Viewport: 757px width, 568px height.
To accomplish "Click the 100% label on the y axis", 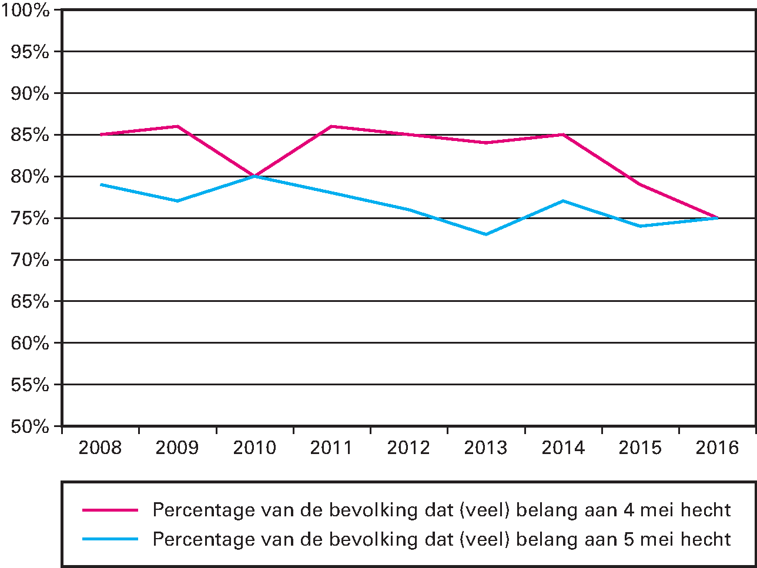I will pyautogui.click(x=26, y=10).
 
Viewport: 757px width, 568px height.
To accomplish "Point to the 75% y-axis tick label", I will pyautogui.click(x=29, y=219).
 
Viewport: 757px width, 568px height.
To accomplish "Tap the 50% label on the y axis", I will pyautogui.click(x=29, y=426).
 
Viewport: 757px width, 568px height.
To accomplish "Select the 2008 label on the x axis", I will pyautogui.click(x=100, y=448).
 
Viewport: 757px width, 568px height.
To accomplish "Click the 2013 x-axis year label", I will pyautogui.click(x=485, y=448).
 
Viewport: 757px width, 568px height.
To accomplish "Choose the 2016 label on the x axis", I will pyautogui.click(x=717, y=448).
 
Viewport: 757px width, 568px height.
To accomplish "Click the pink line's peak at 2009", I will pyautogui.click(x=177, y=126).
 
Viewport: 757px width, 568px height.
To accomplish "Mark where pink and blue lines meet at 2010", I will pyautogui.click(x=254, y=176).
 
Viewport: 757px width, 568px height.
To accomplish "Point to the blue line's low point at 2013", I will pyautogui.click(x=485, y=234).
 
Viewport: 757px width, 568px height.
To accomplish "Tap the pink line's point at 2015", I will pyautogui.click(x=640, y=184).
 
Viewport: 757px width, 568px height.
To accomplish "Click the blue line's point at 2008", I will pyautogui.click(x=101, y=184).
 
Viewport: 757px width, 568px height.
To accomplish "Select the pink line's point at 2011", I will pyautogui.click(x=331, y=126).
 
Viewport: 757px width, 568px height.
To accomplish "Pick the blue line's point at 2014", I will pyautogui.click(x=563, y=201).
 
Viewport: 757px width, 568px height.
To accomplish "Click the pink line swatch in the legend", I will pyautogui.click(x=110, y=510).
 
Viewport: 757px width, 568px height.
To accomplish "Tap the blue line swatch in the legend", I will pyautogui.click(x=110, y=539).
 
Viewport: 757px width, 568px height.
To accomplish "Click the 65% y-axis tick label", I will pyautogui.click(x=29, y=302).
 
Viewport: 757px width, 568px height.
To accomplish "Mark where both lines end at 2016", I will pyautogui.click(x=717, y=218).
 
